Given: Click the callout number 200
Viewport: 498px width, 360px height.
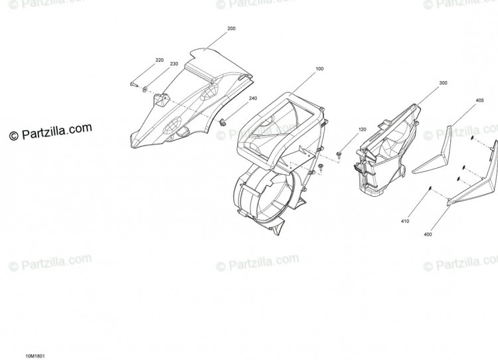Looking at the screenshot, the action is click(231, 29).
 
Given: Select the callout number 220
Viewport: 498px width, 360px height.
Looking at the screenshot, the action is click(159, 60).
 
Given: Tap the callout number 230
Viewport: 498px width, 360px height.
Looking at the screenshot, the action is click(174, 64).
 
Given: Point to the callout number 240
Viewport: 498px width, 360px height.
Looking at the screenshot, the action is click(253, 98).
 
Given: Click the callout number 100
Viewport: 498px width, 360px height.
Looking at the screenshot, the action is click(319, 68).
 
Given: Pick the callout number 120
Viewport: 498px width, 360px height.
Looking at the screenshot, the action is click(362, 130).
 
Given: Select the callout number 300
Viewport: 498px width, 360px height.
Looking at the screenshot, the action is click(443, 83).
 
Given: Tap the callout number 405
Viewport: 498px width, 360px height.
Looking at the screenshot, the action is click(479, 100).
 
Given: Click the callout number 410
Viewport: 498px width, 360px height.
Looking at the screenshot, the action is click(405, 221).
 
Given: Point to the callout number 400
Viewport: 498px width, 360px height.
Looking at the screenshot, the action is click(428, 234).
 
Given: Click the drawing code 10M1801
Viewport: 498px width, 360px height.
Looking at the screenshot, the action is click(33, 356).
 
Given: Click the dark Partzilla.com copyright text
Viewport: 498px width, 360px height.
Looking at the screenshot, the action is click(50, 132).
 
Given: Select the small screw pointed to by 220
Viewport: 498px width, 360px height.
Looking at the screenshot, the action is click(133, 84).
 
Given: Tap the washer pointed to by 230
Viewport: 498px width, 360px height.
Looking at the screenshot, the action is click(145, 90).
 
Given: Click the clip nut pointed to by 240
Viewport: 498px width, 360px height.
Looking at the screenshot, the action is click(223, 122).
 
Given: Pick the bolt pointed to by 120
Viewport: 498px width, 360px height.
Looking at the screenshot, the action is click(339, 155).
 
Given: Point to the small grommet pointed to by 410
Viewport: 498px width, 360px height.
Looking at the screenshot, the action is click(430, 188).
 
